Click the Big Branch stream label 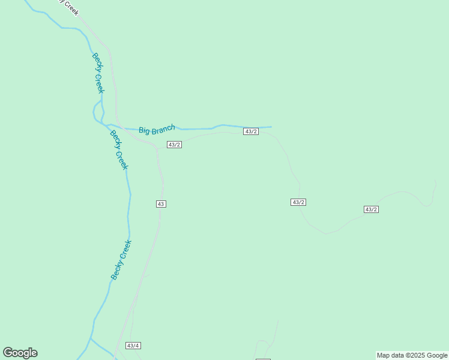tap(157, 129)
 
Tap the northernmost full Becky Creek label tap(98, 73)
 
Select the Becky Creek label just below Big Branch tap(119, 150)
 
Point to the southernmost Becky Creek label tap(121, 260)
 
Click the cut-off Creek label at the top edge tap(67, 6)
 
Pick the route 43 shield tap(160, 204)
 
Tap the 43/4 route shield tap(133, 346)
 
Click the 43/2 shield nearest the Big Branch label tap(174, 145)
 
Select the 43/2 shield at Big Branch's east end tap(251, 131)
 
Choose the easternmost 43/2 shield tap(371, 209)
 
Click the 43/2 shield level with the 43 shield tap(298, 202)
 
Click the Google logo tap(20, 353)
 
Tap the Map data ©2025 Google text tap(412, 355)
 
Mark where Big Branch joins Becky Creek tap(103, 124)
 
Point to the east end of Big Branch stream tap(271, 127)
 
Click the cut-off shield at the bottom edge tap(263, 359)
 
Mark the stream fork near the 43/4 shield tap(91, 339)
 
